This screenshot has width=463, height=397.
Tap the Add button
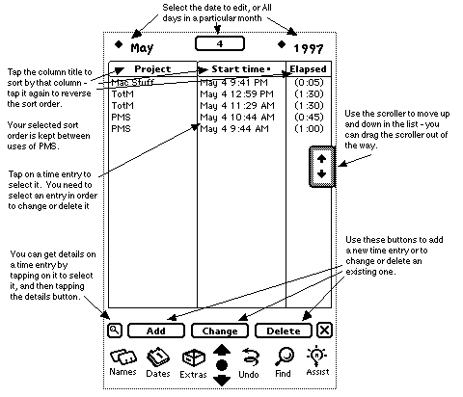156,331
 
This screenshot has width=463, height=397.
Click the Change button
220,331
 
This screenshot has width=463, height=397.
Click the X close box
324,331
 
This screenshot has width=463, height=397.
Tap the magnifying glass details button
115,331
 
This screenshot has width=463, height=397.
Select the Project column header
152,68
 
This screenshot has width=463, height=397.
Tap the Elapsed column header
309,68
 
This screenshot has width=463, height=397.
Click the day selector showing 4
220,43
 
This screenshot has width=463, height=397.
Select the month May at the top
142,48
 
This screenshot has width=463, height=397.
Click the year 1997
309,49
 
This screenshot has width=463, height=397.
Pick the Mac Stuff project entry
132,82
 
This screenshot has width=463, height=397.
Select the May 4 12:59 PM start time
236,94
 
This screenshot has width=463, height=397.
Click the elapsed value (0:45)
309,118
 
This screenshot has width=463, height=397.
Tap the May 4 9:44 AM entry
234,129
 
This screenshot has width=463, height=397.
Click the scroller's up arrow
321,158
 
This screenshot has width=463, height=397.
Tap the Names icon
123,362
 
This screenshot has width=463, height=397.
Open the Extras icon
193,363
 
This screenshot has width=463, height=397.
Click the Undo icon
249,363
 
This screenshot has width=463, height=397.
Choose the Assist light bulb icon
317,360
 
